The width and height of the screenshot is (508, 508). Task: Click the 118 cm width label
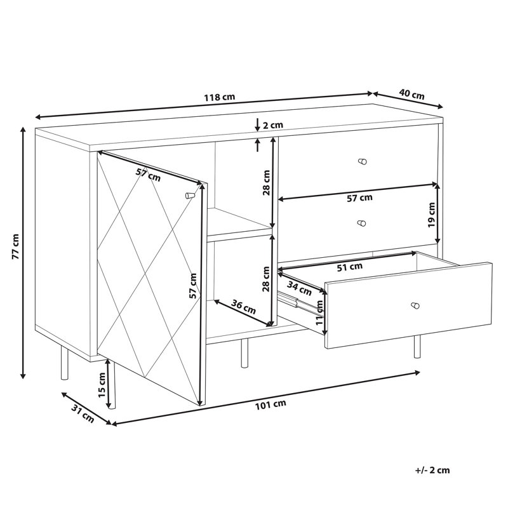click(219, 97)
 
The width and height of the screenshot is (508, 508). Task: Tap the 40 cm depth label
click(411, 94)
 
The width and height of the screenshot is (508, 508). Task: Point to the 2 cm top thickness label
click(272, 125)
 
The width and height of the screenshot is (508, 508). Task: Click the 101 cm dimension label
click(271, 404)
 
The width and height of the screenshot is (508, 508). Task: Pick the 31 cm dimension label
click(83, 414)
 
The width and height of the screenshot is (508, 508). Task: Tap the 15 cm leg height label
click(102, 385)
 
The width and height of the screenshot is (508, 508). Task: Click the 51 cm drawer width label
click(350, 267)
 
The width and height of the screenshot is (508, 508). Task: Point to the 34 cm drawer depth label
click(299, 289)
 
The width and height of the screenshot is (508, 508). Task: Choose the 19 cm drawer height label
click(431, 215)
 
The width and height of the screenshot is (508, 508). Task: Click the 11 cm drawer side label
click(319, 312)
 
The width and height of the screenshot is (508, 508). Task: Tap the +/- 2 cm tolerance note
click(432, 470)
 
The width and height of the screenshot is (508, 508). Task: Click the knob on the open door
click(189, 196)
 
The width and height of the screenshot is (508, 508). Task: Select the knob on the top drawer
click(362, 161)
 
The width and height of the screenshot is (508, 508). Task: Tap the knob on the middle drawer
click(361, 224)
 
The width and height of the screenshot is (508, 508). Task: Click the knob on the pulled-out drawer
click(415, 305)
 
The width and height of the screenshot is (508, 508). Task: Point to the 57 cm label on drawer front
click(359, 197)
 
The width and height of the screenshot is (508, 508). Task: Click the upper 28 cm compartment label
click(266, 182)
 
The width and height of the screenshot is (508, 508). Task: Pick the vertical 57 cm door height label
click(193, 286)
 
